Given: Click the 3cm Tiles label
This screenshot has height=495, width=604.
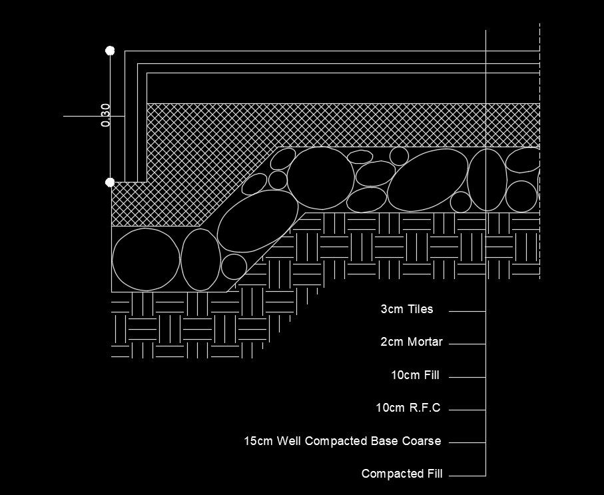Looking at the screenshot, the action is pyautogui.click(x=407, y=309).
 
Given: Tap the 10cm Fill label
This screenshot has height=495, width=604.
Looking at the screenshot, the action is pyautogui.click(x=416, y=376).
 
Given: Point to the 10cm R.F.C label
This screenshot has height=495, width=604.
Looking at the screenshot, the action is pyautogui.click(x=408, y=408).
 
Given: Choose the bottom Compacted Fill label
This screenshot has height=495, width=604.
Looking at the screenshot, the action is pyautogui.click(x=402, y=474).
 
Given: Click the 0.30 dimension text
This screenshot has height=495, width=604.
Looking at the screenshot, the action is pyautogui.click(x=105, y=115).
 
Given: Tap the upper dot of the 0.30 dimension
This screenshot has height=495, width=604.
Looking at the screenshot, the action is pyautogui.click(x=110, y=51).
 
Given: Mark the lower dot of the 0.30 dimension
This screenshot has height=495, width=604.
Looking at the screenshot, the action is pyautogui.click(x=110, y=182).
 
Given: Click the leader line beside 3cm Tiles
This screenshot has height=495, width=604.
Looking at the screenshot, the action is pyautogui.click(x=467, y=311).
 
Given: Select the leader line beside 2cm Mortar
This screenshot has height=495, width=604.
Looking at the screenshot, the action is pyautogui.click(x=467, y=344).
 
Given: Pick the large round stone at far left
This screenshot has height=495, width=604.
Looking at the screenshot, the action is pyautogui.click(x=146, y=260).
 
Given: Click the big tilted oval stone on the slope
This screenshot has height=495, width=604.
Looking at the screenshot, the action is pyautogui.click(x=257, y=221).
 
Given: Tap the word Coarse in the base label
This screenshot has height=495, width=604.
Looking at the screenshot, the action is pyautogui.click(x=422, y=441).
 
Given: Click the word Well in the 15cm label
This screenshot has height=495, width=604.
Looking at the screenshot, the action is pyautogui.click(x=288, y=441).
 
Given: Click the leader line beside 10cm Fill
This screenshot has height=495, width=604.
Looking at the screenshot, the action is pyautogui.click(x=467, y=377).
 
